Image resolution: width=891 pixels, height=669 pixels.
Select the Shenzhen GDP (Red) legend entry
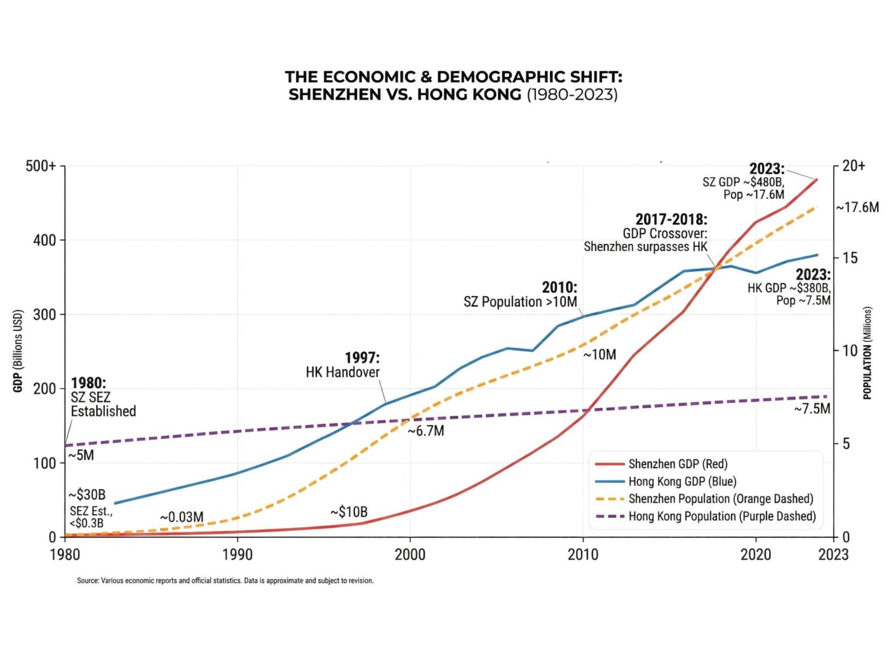tap(678, 464)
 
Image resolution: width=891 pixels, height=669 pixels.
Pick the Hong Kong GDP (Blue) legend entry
tap(682, 481)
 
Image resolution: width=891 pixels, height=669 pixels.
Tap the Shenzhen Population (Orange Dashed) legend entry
tap(720, 499)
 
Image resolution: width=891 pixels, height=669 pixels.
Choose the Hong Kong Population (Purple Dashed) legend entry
tap(722, 516)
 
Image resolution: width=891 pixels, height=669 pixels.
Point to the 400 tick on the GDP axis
tap(45, 240)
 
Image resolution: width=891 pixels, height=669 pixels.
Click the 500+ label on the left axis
tap(41, 166)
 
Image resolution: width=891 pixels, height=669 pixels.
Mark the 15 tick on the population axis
tap(850, 258)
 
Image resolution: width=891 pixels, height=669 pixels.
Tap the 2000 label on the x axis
tap(410, 555)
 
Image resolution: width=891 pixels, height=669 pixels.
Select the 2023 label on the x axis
tap(833, 555)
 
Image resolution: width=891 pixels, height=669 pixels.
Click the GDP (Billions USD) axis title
tap(17, 351)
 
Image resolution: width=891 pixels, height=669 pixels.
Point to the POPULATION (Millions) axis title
tap(867, 353)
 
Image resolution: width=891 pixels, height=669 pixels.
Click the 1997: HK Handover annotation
tap(343, 365)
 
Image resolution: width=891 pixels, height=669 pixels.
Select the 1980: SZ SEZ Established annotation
tap(103, 397)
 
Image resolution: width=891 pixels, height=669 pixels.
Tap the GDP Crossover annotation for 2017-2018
tap(646, 233)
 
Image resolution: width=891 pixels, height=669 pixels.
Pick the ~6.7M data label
tap(426, 431)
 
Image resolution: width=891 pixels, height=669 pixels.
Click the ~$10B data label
tap(349, 512)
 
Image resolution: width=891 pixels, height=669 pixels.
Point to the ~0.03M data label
tap(182, 517)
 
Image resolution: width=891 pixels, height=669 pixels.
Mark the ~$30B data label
tap(87, 495)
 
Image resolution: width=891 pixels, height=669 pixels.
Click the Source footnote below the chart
tap(225, 581)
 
